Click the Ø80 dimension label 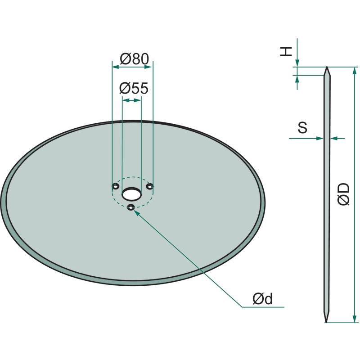click(x=134, y=59)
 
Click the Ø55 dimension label click(x=134, y=88)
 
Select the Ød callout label click(x=263, y=299)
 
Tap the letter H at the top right click(x=286, y=51)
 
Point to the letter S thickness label click(x=302, y=128)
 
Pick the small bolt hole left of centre click(x=115, y=186)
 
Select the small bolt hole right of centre click(x=150, y=186)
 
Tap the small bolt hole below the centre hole click(x=131, y=207)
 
